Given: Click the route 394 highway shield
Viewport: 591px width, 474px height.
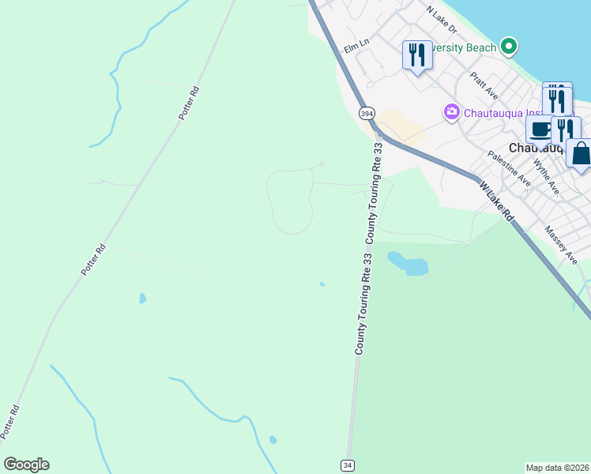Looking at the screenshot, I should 367,114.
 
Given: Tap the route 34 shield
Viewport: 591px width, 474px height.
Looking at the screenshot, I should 348,465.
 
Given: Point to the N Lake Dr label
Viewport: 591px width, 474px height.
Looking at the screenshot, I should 441,20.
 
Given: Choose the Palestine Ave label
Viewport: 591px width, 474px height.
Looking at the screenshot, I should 509,167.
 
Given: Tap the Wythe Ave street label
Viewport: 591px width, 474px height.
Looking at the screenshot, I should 547,178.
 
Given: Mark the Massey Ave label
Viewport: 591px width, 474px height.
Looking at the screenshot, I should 566,244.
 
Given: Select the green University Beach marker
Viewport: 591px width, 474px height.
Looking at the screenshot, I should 510,47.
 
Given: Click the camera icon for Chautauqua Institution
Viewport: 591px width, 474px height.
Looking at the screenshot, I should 452,111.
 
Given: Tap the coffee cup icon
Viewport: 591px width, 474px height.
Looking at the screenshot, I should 541,130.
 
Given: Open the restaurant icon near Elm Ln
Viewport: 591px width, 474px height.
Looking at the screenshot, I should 416,55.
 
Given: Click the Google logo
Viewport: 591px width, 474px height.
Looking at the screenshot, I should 26,465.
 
